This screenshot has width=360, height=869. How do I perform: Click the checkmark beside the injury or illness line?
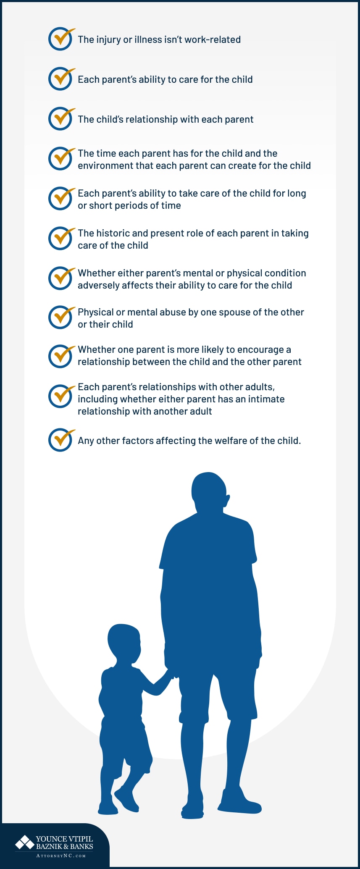pos(61,39)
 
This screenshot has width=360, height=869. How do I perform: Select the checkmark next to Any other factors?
pos(61,440)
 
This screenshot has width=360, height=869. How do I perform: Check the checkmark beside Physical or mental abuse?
pos(61,317)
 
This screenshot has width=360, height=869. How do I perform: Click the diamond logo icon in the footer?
pos(25,842)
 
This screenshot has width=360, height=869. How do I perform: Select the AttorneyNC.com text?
pos(61,856)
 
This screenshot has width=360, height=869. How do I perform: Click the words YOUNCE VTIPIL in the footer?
pos(64,839)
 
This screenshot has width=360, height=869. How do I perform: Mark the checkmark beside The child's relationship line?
pos(61,119)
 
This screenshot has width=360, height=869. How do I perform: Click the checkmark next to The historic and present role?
pos(61,239)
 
